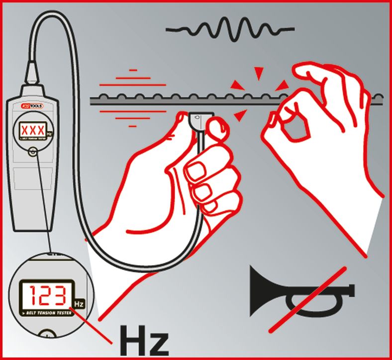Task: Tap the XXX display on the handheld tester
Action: pyautogui.click(x=32, y=131)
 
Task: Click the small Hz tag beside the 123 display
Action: pyautogui.click(x=79, y=302)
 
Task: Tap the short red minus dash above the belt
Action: pyautogui.click(x=132, y=71)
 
